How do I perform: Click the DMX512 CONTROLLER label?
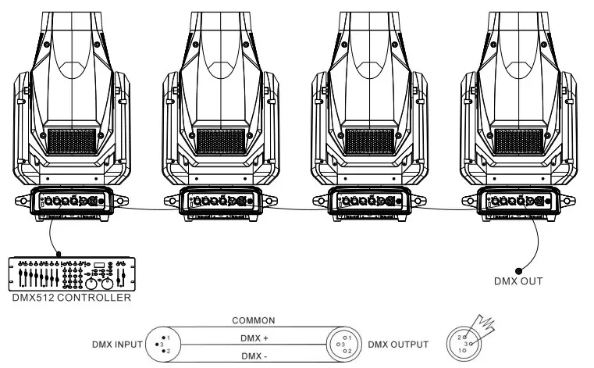click(72, 298)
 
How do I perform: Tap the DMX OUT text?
click(518, 281)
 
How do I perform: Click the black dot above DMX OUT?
click(518, 271)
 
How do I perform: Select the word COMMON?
click(254, 320)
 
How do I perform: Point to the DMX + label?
click(254, 338)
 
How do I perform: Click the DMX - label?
click(254, 356)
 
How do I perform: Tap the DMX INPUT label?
click(117, 345)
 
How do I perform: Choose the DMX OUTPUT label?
click(398, 345)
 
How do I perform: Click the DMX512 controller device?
click(72, 274)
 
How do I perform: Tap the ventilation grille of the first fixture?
click(72, 141)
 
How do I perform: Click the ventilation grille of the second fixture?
click(221, 141)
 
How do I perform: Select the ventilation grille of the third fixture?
click(370, 141)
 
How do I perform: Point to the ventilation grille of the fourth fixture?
click(518, 141)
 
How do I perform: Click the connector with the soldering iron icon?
click(464, 344)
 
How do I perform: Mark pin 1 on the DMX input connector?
click(164, 338)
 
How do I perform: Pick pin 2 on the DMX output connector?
click(345, 351)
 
